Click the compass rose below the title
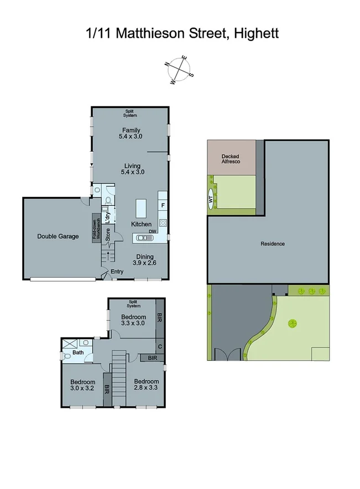pyautogui.click(x=180, y=70)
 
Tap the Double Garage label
pyautogui.click(x=58, y=236)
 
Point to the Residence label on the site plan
pyautogui.click(x=273, y=243)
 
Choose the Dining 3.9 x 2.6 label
pyautogui.click(x=145, y=259)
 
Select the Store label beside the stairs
pyautogui.click(x=108, y=234)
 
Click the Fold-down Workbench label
pyautogui.click(x=96, y=227)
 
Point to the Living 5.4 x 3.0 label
pyautogui.click(x=132, y=169)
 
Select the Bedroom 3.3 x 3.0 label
pyautogui.click(x=133, y=320)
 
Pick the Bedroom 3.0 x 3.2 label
pyautogui.click(x=83, y=385)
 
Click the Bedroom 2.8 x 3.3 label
pyautogui.click(x=147, y=384)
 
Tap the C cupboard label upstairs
pyautogui.click(x=160, y=347)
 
